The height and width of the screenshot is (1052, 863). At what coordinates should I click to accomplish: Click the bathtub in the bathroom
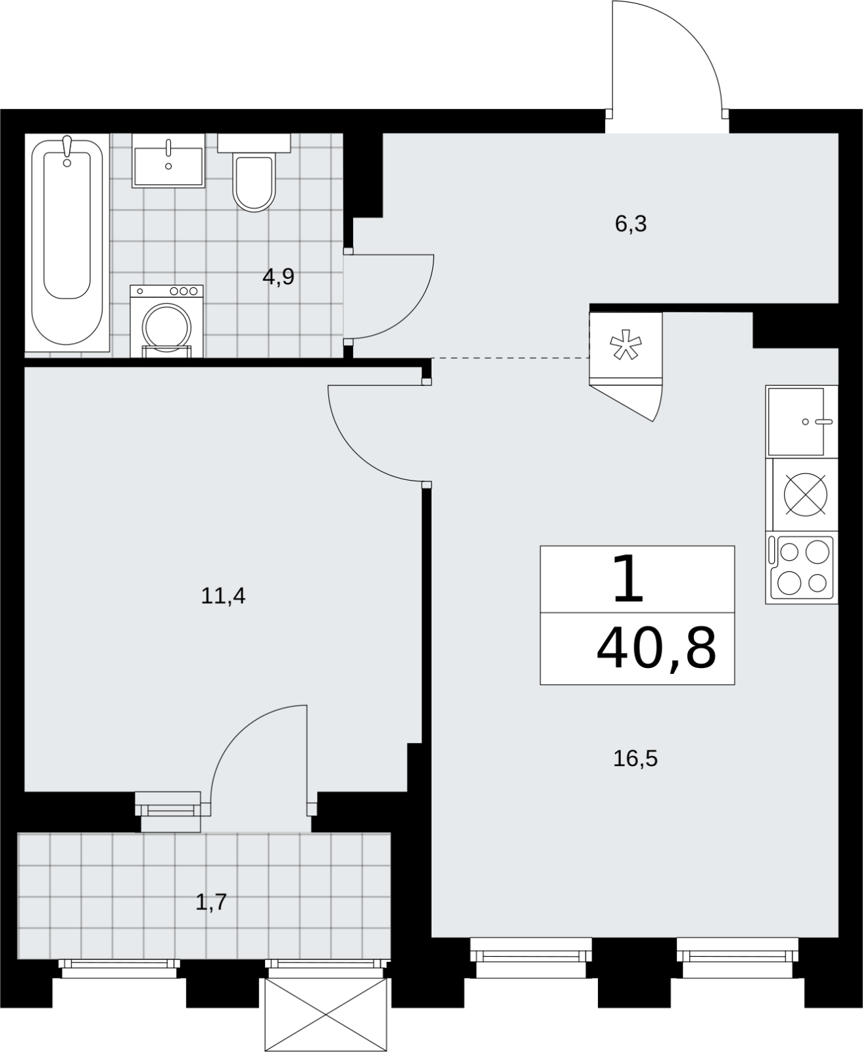click(x=67, y=243)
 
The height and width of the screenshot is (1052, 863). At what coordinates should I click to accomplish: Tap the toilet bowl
click(x=255, y=183)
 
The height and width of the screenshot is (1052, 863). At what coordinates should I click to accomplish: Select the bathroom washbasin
click(x=168, y=160)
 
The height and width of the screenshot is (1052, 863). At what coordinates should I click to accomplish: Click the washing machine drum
click(x=166, y=327)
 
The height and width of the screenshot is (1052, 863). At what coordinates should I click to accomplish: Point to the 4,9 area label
click(x=278, y=276)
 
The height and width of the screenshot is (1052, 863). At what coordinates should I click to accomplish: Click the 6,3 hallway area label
click(x=631, y=224)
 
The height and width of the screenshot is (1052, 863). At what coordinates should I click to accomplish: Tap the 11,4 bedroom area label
click(x=223, y=596)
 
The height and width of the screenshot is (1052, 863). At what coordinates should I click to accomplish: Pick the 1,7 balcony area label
click(x=211, y=902)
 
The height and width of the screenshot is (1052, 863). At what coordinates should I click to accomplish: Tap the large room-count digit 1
click(x=628, y=578)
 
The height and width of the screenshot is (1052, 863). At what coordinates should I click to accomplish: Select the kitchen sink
click(x=802, y=421)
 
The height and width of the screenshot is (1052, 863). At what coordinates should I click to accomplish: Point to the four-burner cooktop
click(x=802, y=567)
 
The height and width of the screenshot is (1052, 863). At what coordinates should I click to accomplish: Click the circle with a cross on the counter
click(x=806, y=494)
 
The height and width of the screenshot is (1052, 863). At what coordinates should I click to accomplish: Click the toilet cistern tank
click(x=254, y=143)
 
